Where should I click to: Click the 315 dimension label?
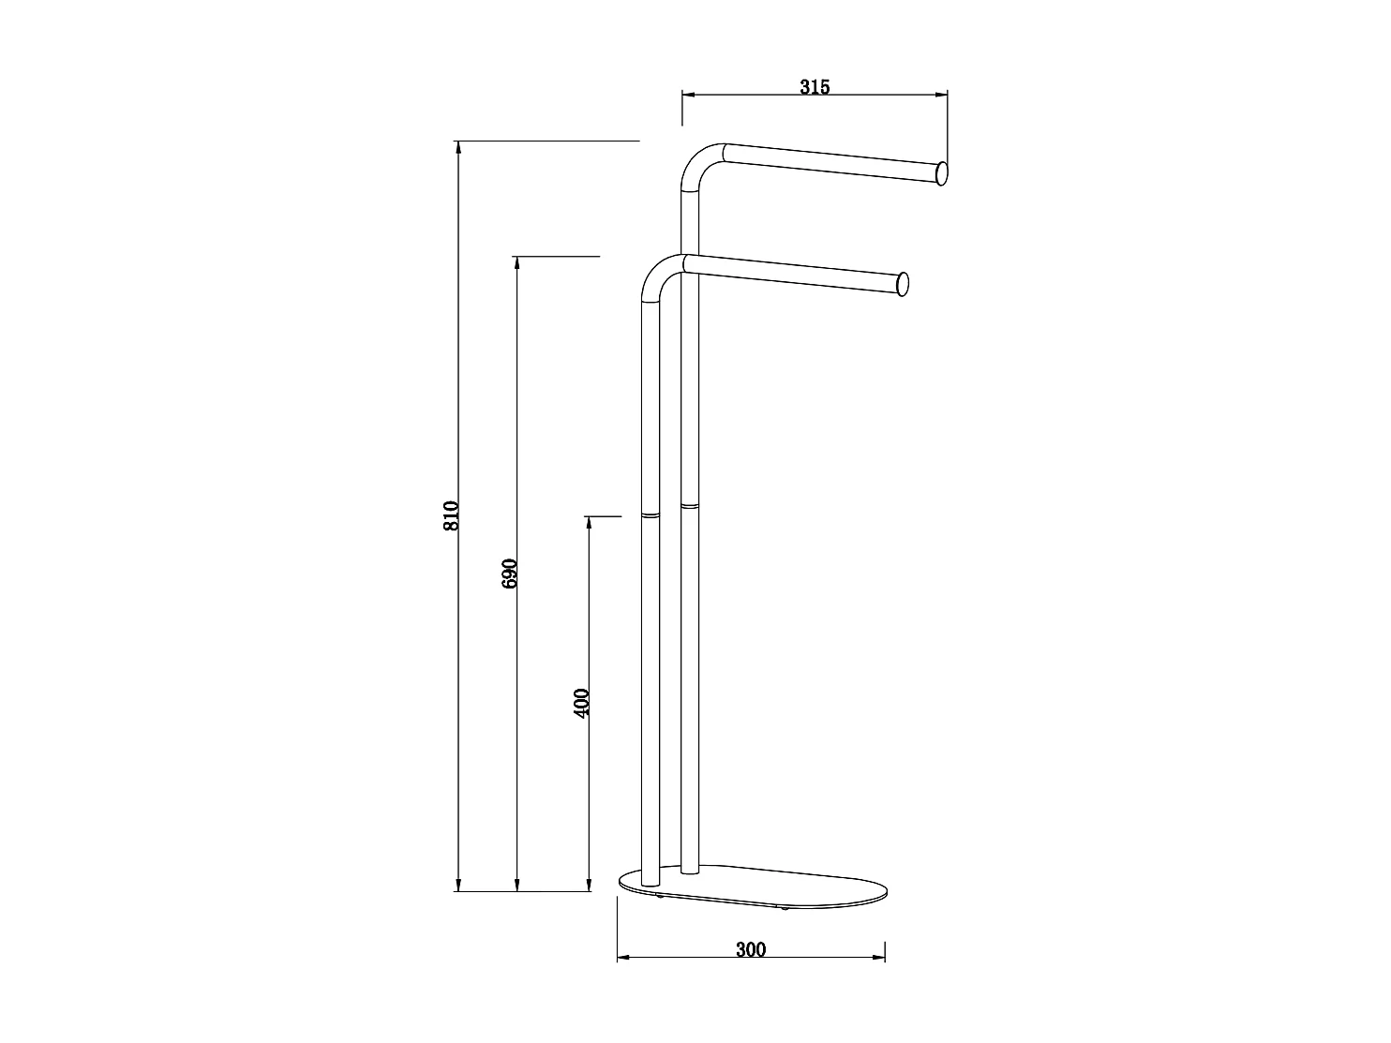pos(815,87)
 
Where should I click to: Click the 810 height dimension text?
pos(451,516)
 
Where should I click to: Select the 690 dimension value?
pos(509,574)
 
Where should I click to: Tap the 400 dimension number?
pos(581,703)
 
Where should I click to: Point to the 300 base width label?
pos(751,950)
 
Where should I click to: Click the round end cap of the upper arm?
pos(941,173)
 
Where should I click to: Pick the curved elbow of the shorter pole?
pos(658,276)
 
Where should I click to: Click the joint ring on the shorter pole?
pos(651,514)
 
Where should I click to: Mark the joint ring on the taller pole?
pos(690,506)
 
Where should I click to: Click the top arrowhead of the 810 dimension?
pos(458,147)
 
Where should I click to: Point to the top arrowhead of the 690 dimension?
pos(516,262)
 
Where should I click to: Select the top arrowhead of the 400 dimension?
pos(589,523)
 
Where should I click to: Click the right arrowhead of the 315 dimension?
pos(941,94)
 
